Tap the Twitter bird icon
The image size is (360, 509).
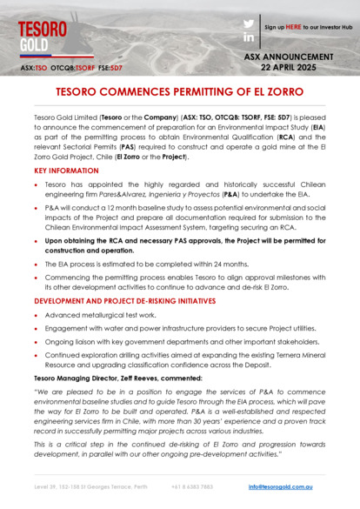point(249,23)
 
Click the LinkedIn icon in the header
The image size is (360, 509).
point(249,38)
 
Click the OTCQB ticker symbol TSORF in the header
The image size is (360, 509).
point(85,66)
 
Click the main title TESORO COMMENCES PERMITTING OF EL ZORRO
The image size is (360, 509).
point(180,90)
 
